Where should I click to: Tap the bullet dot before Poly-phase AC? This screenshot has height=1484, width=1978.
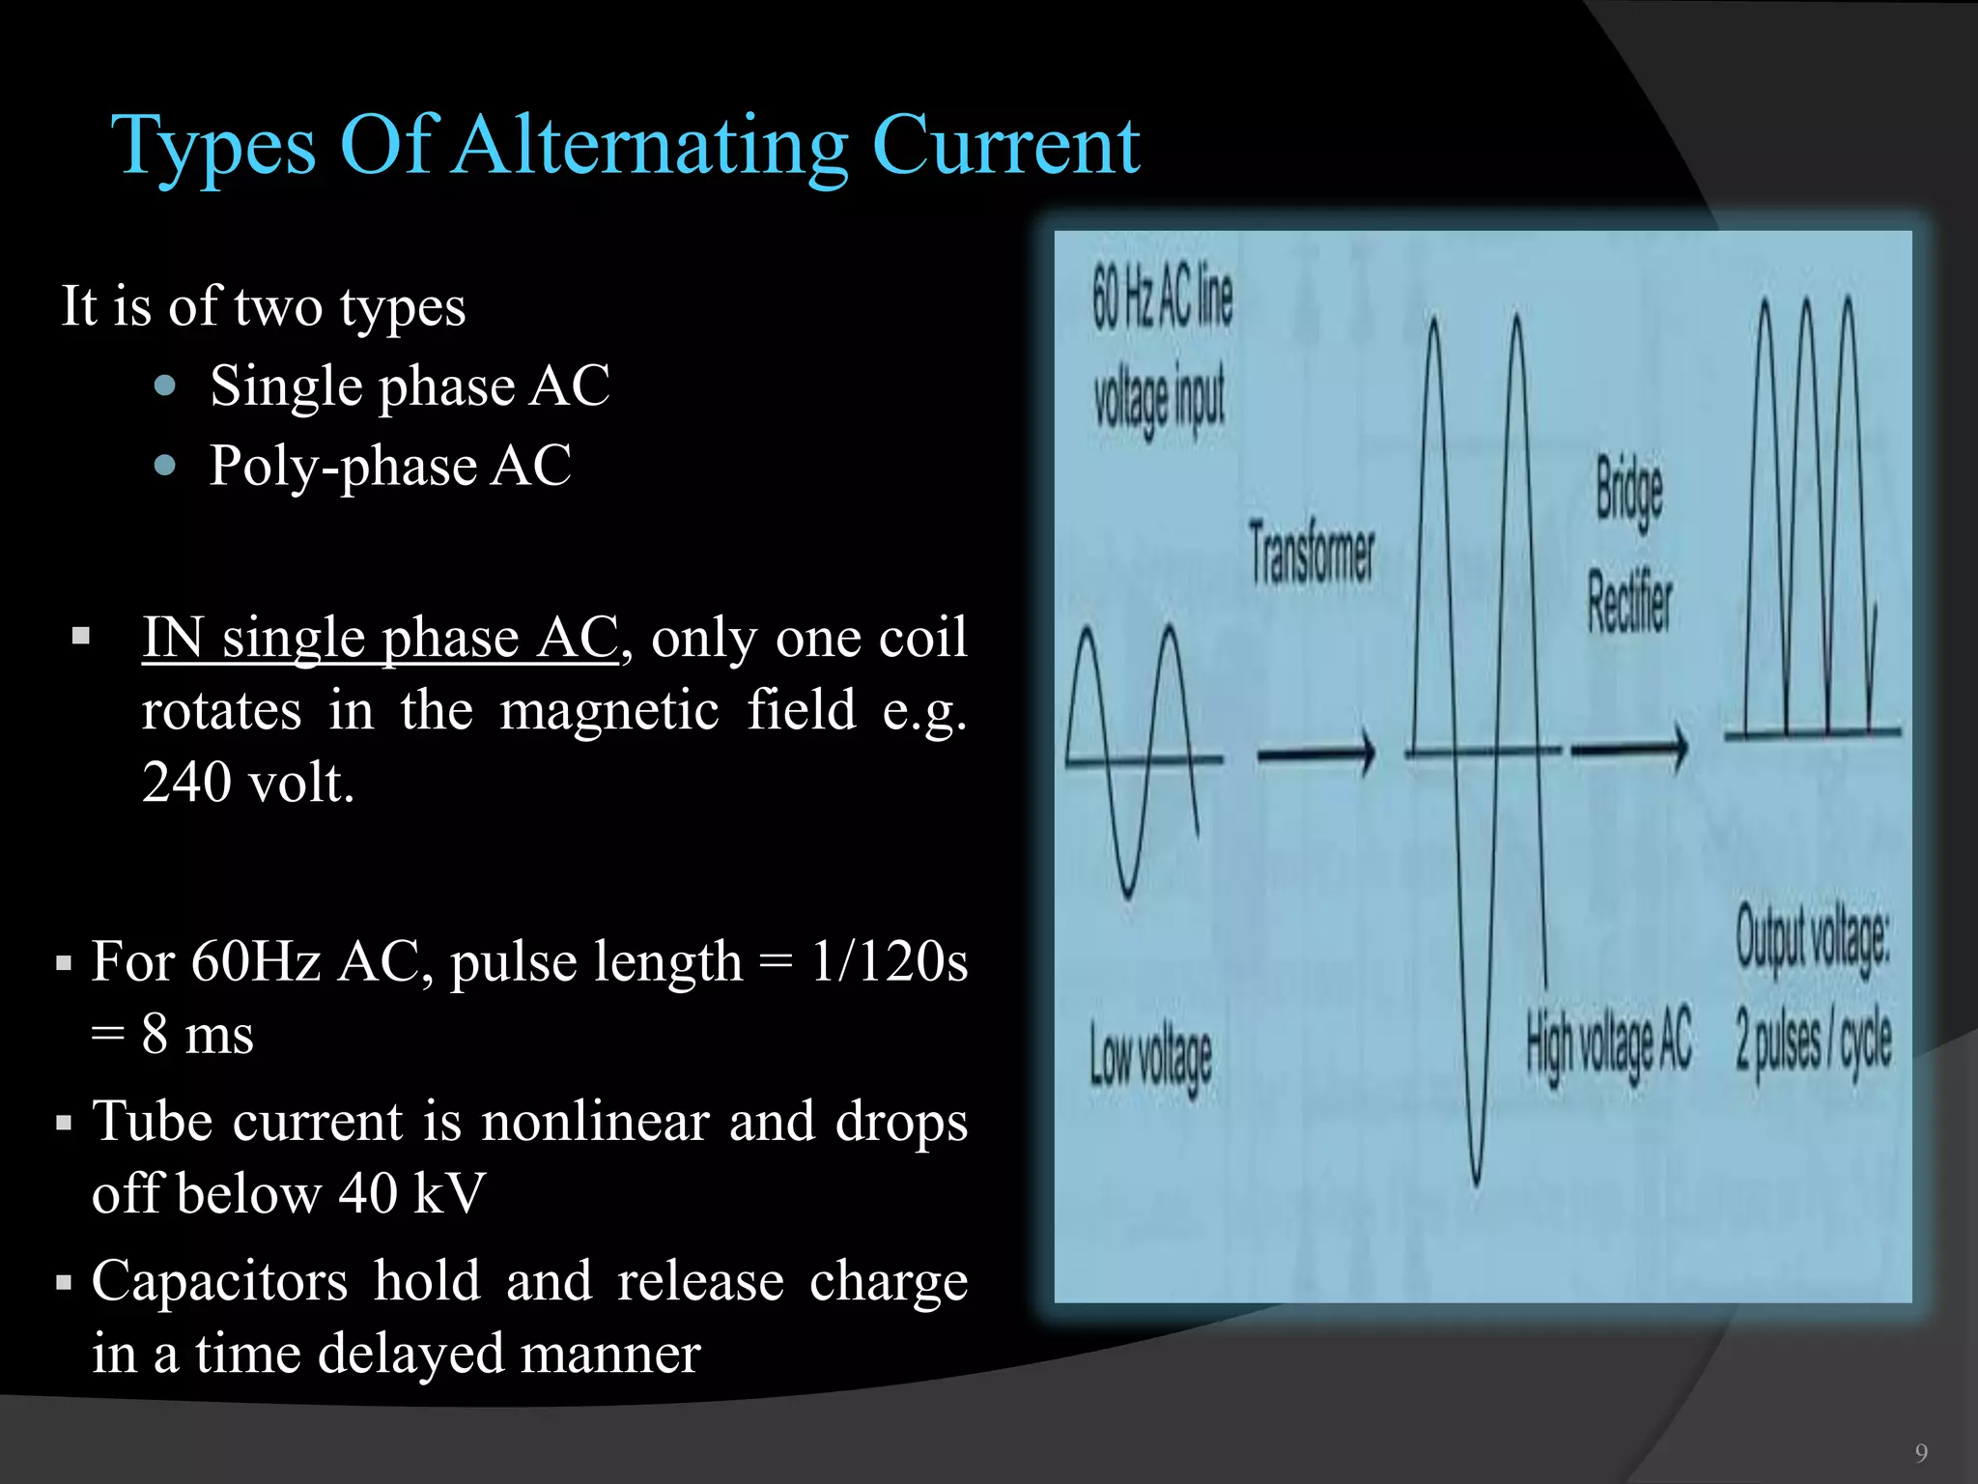(165, 466)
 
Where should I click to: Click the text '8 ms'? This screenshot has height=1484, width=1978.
(197, 1034)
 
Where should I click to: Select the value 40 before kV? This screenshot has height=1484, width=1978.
(368, 1193)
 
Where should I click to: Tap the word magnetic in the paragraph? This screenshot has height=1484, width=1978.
(608, 710)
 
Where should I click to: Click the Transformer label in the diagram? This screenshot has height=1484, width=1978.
(1312, 554)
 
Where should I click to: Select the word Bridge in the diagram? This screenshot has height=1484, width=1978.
(1628, 488)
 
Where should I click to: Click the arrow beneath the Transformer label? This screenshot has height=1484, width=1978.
(1315, 753)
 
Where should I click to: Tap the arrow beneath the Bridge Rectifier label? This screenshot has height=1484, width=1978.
(1629, 749)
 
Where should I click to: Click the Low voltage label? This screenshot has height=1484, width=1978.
(1151, 1058)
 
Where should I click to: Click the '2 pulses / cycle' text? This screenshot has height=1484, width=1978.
(1813, 1043)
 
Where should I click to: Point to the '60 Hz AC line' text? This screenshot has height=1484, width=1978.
(1162, 298)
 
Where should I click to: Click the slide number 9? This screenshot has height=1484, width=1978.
(1921, 1453)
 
